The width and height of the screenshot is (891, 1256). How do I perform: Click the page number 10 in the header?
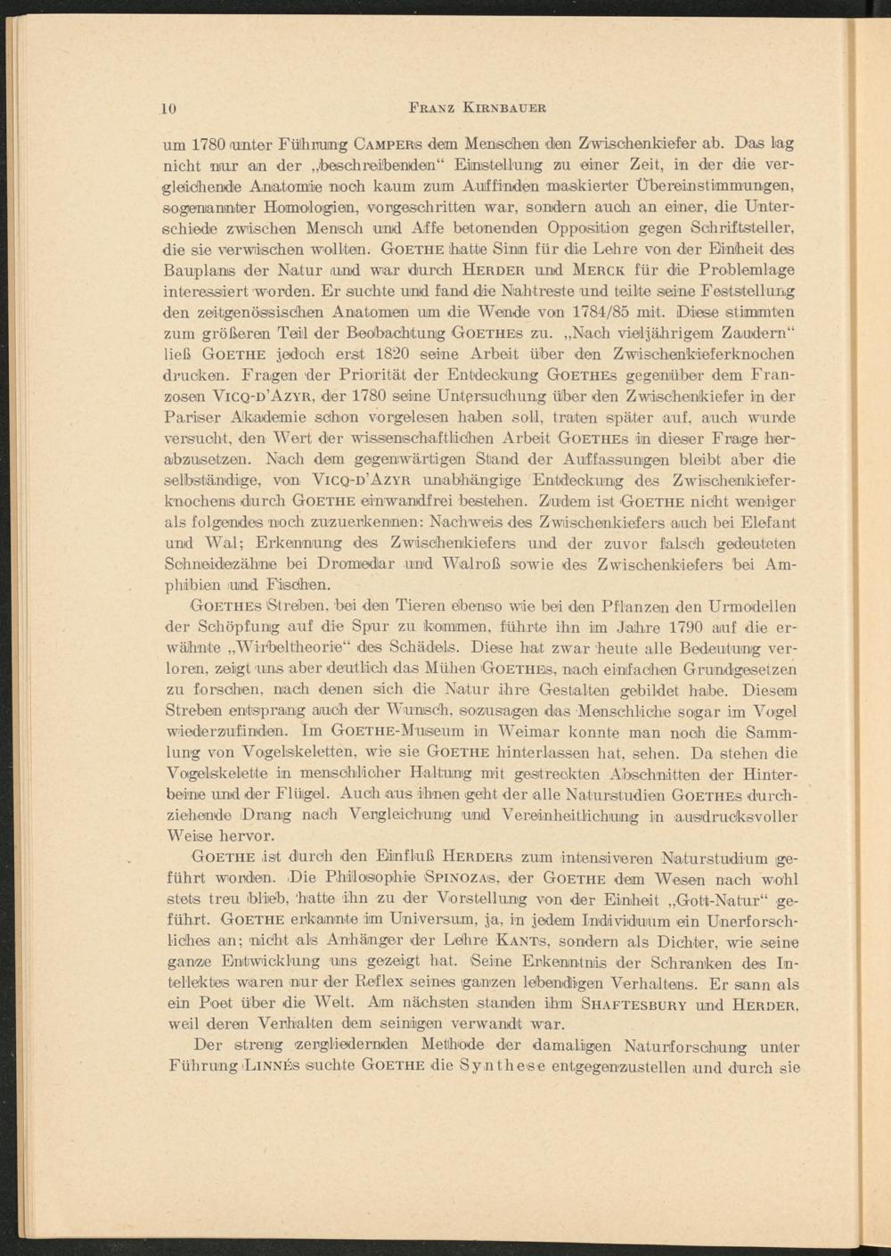(x=169, y=108)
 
